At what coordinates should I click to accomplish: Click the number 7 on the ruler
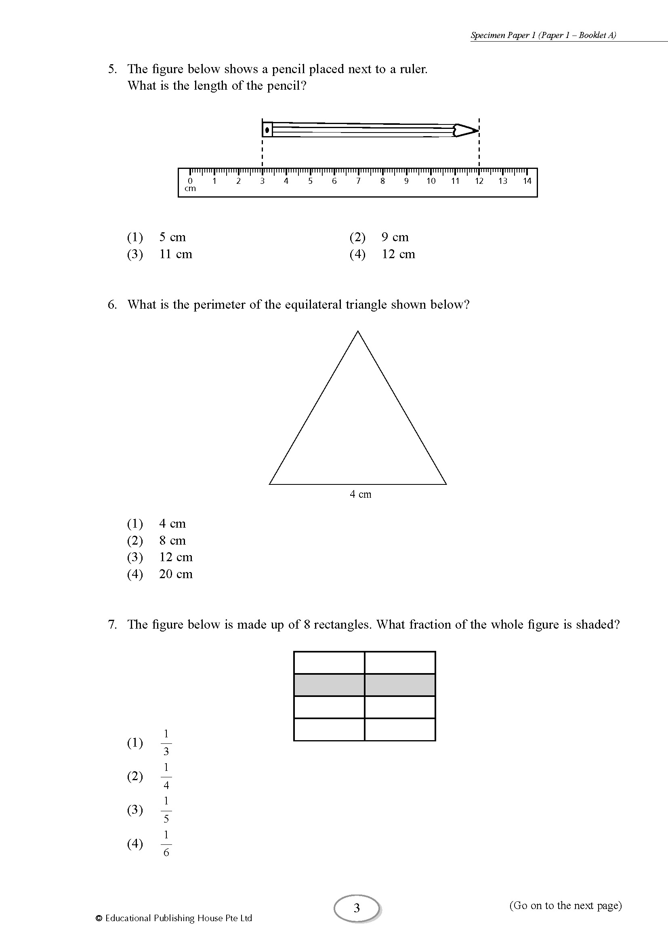(x=358, y=181)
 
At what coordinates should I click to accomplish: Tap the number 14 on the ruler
(x=527, y=181)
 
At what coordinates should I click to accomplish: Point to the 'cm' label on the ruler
(x=190, y=189)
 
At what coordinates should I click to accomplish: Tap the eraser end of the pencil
(x=267, y=130)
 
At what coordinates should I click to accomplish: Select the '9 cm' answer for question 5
(x=395, y=237)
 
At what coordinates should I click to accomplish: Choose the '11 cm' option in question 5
(x=176, y=254)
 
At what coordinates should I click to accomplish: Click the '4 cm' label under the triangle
(x=360, y=494)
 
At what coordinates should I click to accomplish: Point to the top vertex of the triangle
(x=357, y=332)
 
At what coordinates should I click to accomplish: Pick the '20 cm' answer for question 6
(x=176, y=574)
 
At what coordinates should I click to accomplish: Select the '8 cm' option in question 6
(x=172, y=541)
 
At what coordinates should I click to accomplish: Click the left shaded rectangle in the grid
(x=329, y=685)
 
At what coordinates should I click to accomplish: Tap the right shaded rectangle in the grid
(x=400, y=685)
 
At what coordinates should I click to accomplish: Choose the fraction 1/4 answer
(x=166, y=776)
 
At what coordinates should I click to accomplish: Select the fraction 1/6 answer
(x=166, y=844)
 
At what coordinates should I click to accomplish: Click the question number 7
(x=112, y=624)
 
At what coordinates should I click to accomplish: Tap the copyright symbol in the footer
(x=99, y=918)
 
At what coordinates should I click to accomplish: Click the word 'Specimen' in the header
(x=487, y=36)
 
